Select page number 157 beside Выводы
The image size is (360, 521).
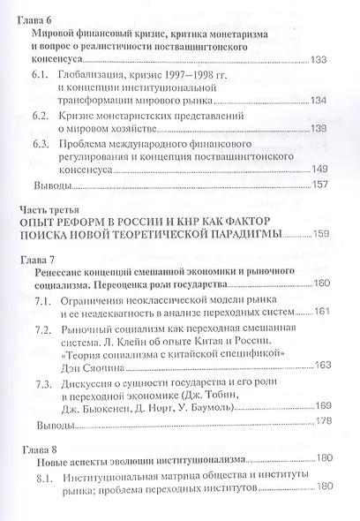pyautogui.click(x=319, y=185)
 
